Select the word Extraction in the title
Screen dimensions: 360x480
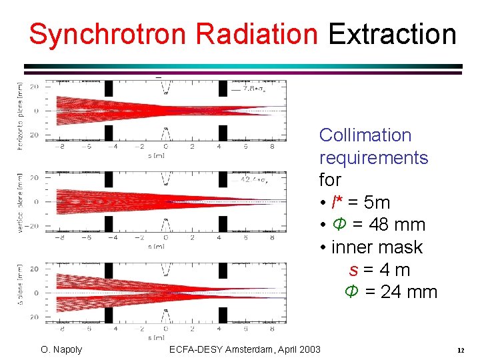(392, 34)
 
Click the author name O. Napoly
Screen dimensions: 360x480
(61, 349)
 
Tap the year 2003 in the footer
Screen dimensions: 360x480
(307, 349)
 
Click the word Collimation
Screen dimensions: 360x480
(365, 135)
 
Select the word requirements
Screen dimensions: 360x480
(373, 157)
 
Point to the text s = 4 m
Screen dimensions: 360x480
(379, 270)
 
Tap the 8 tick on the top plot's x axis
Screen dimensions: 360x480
(272, 146)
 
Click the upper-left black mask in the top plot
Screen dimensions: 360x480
(110, 89)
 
